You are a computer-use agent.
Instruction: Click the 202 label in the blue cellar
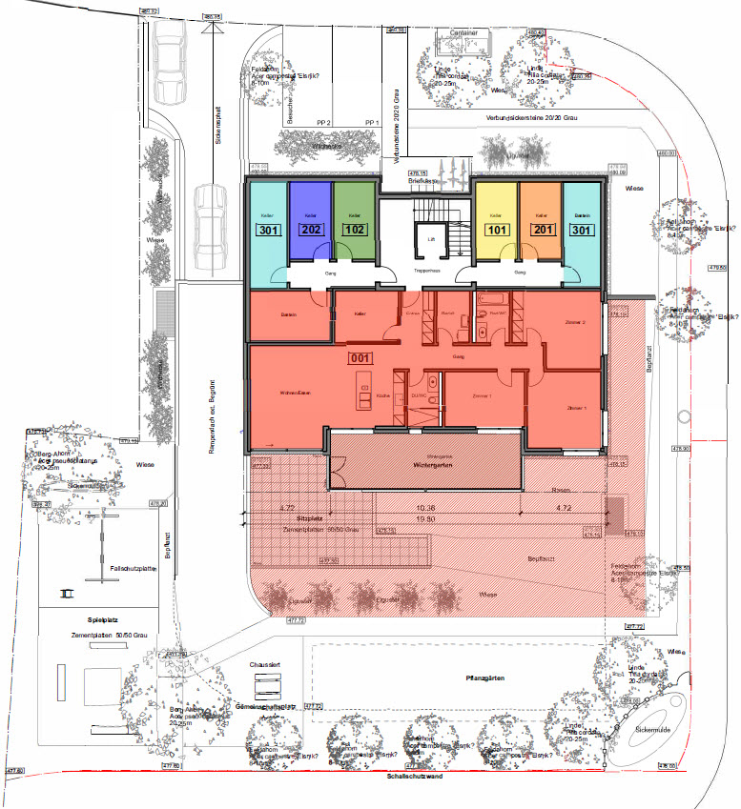click(x=311, y=230)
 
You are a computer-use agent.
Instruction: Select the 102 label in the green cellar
click(x=354, y=230)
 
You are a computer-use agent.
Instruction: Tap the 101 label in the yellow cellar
click(x=497, y=230)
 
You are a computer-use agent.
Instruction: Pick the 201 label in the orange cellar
click(x=540, y=230)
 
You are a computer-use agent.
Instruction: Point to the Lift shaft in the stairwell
click(x=430, y=241)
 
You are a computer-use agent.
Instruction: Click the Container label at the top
click(x=464, y=31)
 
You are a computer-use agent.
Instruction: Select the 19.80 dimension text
click(x=425, y=519)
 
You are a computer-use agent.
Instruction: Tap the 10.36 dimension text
click(x=425, y=509)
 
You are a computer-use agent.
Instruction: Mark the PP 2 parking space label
click(x=323, y=123)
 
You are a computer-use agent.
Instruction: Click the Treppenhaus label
click(x=427, y=273)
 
